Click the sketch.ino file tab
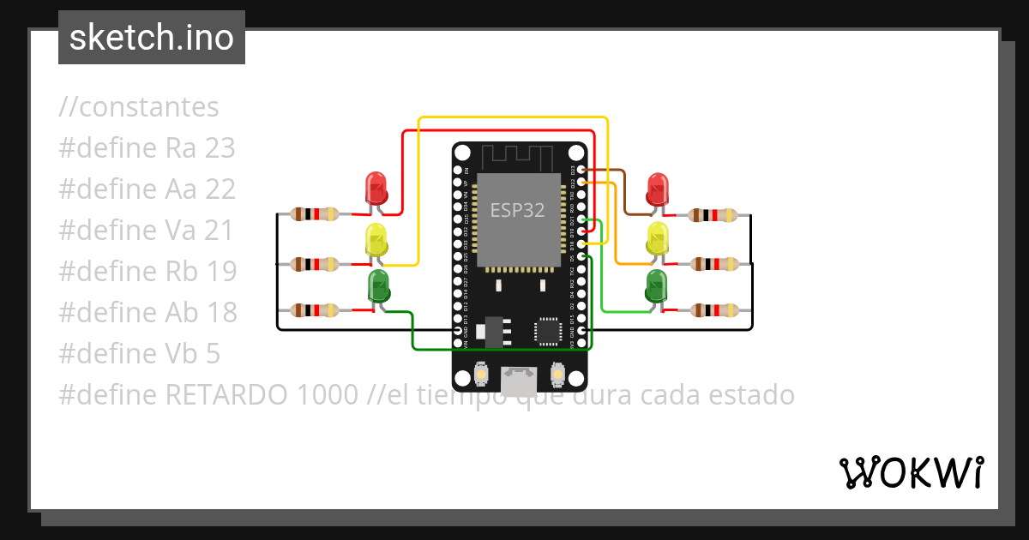point(152,38)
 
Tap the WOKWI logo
point(912,472)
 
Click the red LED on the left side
point(376,188)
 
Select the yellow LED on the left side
point(376,239)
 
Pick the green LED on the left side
point(378,285)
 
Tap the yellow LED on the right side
point(658,237)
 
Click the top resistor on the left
point(313,214)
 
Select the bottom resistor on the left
point(313,310)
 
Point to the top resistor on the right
point(713,215)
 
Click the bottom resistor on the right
point(713,310)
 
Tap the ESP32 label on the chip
point(517,210)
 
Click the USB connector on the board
point(517,380)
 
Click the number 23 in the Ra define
point(220,148)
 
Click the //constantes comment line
point(139,107)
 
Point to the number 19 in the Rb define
point(221,272)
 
